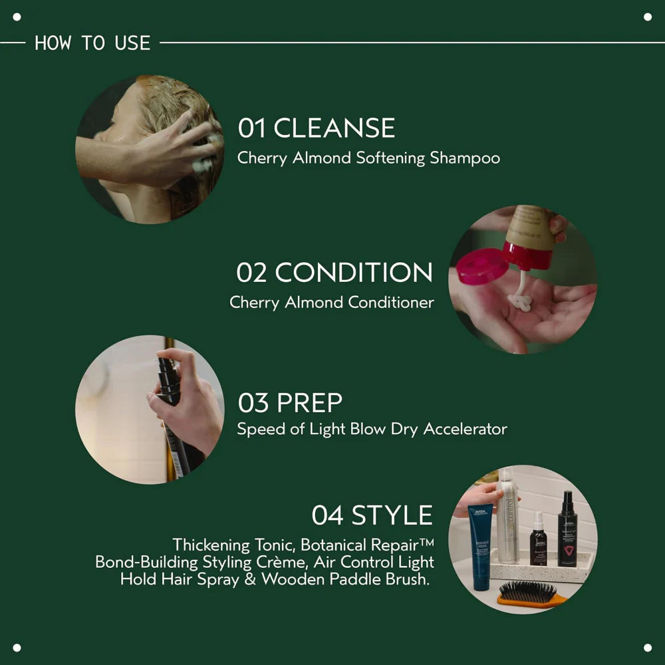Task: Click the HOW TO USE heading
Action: [92, 43]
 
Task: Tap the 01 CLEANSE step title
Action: [317, 128]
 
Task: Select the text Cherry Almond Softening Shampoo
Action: [368, 158]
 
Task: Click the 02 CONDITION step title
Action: [334, 273]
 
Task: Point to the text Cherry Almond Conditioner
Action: [332, 303]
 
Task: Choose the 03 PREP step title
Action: [290, 403]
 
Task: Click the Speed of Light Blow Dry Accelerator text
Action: [372, 429]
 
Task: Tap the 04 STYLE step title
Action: [372, 515]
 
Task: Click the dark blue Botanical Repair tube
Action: [480, 545]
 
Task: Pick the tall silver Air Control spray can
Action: [507, 515]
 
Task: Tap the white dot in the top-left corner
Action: [17, 17]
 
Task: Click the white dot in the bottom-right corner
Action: [648, 648]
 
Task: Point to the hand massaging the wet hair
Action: [173, 150]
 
